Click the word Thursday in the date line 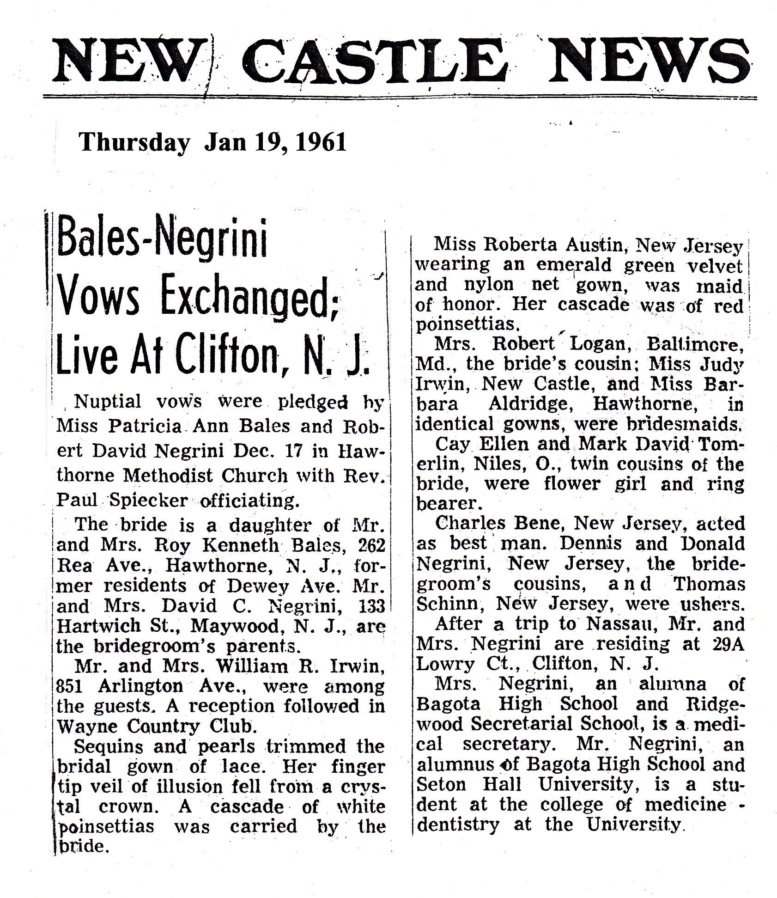tap(134, 143)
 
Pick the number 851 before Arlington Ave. tap(69, 686)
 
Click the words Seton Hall tap(469, 784)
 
